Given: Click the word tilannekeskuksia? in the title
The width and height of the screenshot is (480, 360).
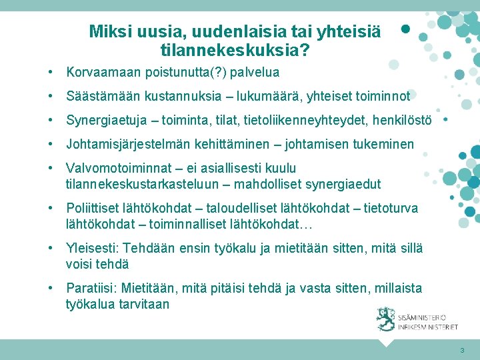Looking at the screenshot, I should pyautogui.click(x=235, y=49).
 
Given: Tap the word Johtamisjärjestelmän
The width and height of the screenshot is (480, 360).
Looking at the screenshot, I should pyautogui.click(x=126, y=144).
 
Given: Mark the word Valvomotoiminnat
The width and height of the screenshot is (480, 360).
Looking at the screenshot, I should pyautogui.click(x=115, y=168).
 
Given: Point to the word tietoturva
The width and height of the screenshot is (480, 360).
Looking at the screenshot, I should pyautogui.click(x=391, y=208).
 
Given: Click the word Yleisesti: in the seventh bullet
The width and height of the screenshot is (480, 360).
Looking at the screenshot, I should pyautogui.click(x=93, y=248).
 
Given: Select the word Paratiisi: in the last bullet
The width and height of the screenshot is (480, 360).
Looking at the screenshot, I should pyautogui.click(x=91, y=288).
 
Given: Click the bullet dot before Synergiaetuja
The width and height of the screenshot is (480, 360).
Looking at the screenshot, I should pyautogui.click(x=51, y=120).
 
